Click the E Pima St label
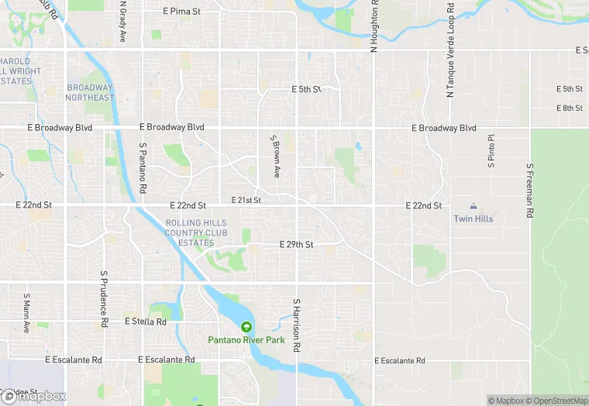(x=182, y=12)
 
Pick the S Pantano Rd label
(x=143, y=167)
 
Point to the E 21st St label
(x=246, y=200)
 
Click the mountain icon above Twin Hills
(x=474, y=207)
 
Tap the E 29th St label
(x=296, y=245)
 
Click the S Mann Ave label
(x=26, y=312)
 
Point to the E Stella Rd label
(x=145, y=321)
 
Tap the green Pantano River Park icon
(x=246, y=327)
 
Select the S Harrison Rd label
(x=296, y=325)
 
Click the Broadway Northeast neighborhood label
(x=90, y=92)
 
